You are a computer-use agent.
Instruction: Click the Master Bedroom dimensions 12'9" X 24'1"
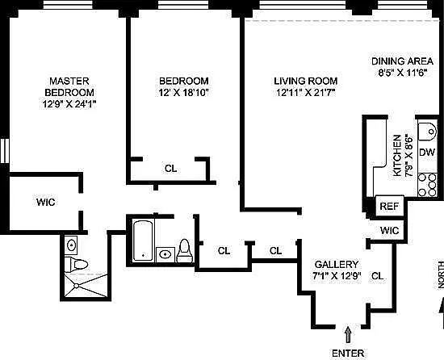pyautogui.click(x=69, y=104)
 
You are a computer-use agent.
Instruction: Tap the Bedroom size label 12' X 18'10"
pyautogui.click(x=183, y=93)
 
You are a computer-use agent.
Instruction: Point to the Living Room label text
pyautogui.click(x=305, y=81)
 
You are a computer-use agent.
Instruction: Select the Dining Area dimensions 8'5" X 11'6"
pyautogui.click(x=402, y=73)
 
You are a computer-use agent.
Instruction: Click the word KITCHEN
pyautogui.click(x=397, y=155)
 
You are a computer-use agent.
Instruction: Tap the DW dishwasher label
pyautogui.click(x=427, y=153)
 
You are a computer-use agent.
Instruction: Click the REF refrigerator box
pyautogui.click(x=389, y=206)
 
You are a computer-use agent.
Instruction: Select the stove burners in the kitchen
pyautogui.click(x=427, y=185)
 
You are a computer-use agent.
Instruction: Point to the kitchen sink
pyautogui.click(x=428, y=132)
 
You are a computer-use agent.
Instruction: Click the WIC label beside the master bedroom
pyautogui.click(x=45, y=203)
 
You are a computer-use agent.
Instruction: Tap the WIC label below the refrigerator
pyautogui.click(x=389, y=230)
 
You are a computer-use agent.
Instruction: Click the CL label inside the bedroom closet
pyautogui.click(x=171, y=169)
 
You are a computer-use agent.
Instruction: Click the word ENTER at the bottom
pyautogui.click(x=348, y=354)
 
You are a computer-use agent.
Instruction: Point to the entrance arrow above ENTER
pyautogui.click(x=348, y=334)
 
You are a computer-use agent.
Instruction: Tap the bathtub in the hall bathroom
pyautogui.click(x=143, y=241)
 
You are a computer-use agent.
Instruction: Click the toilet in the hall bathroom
pyautogui.click(x=185, y=251)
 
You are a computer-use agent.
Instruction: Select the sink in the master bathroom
pyautogui.click(x=71, y=245)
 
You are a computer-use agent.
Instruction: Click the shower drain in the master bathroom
pyautogui.click(x=76, y=286)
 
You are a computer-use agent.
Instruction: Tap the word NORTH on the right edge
pyautogui.click(x=441, y=274)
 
